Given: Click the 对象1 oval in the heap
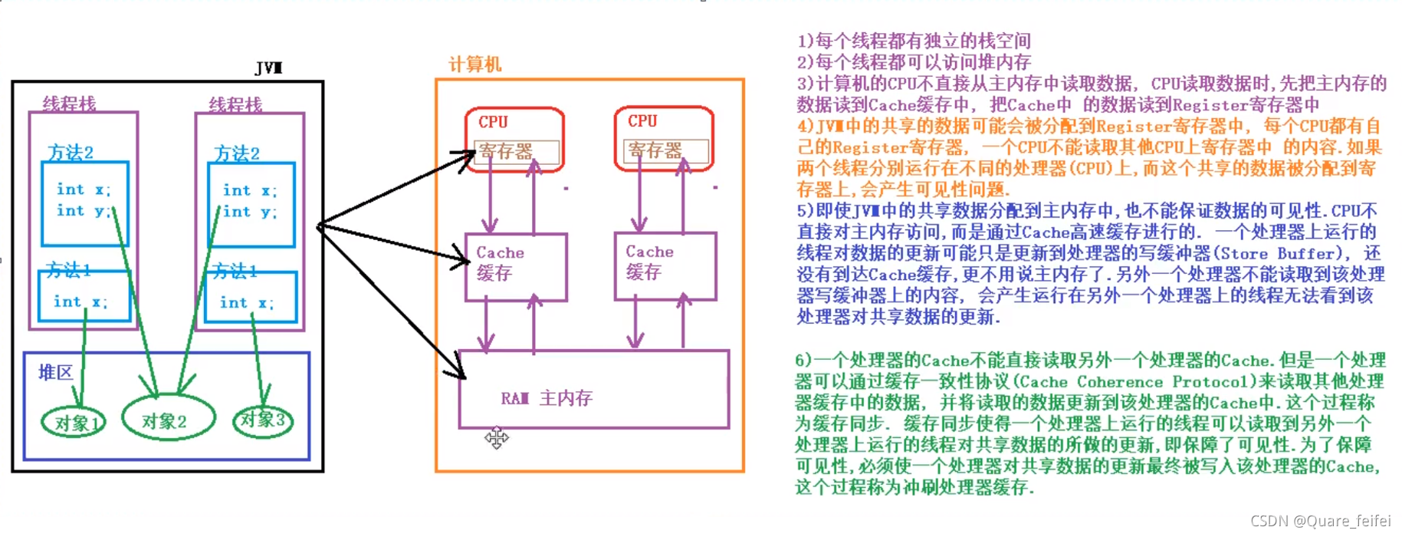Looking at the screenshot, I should (74, 423).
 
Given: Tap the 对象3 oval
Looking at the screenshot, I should (263, 420).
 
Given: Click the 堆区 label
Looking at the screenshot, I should (55, 373).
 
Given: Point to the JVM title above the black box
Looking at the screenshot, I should (268, 68).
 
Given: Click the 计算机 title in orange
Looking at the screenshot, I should (475, 64).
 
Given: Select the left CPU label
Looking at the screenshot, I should (493, 122).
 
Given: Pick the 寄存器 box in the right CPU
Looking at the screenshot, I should (665, 150).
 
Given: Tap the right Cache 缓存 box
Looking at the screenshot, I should (664, 265).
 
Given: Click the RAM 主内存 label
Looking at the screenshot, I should (547, 398).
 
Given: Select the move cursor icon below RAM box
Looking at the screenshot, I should (496, 437).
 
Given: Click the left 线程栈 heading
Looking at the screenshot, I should (69, 104).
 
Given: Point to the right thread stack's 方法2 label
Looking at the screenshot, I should (236, 153).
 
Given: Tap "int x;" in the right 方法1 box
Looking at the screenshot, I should (246, 303).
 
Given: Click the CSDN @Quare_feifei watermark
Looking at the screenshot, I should (1320, 521).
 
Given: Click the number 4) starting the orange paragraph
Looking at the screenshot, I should (804, 126).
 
